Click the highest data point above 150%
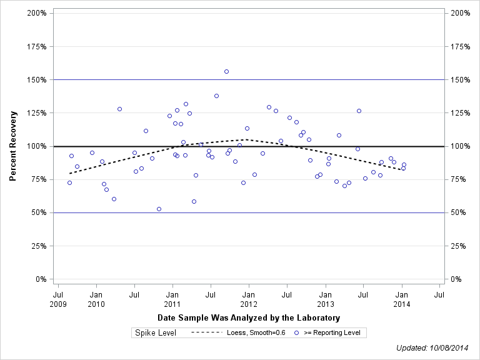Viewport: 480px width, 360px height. tap(226, 71)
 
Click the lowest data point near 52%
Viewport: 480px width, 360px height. tap(159, 209)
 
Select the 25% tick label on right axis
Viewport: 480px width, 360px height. tap(457, 246)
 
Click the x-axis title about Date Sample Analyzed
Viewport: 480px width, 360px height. tap(249, 318)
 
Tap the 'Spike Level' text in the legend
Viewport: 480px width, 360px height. tap(156, 332)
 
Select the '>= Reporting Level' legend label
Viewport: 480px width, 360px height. tap(332, 333)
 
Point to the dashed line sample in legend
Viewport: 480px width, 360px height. tap(206, 333)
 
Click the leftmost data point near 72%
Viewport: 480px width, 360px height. tap(69, 182)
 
